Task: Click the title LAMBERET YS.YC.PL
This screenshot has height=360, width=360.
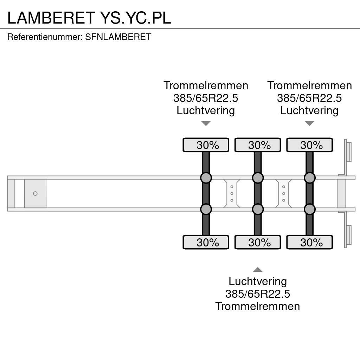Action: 89,18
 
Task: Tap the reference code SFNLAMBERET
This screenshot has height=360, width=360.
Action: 118,37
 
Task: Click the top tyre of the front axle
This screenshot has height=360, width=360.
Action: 206,145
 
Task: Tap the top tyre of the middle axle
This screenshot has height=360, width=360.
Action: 258,145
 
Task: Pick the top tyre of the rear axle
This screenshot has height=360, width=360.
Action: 309,145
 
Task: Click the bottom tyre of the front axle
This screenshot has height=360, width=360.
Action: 206,242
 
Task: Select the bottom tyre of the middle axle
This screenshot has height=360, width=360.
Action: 258,242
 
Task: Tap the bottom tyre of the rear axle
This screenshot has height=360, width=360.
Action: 309,242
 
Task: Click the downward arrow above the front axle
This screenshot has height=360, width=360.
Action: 206,123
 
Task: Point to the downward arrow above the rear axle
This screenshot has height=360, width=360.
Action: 309,123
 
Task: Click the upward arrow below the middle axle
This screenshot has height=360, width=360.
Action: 258,270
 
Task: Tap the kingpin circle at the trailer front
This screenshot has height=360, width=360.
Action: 35,193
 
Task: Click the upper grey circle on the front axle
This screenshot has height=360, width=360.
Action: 206,178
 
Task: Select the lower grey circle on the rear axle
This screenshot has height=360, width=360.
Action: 309,210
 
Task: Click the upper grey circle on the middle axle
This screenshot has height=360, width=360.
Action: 258,178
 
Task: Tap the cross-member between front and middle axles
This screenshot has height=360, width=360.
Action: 232,193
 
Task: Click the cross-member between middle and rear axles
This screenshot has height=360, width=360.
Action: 283,193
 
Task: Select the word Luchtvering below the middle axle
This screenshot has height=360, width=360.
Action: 258,281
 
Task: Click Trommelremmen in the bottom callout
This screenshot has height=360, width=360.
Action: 258,306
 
